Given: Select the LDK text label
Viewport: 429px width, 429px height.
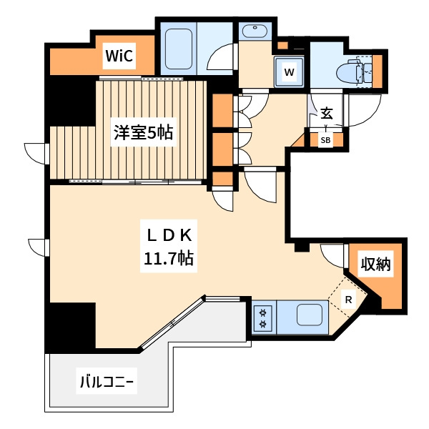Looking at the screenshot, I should [169, 236].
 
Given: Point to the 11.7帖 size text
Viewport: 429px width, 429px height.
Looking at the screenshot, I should [169, 258].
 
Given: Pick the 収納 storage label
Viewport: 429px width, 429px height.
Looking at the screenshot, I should [375, 265].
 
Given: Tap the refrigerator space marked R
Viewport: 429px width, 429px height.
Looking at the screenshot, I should [348, 300].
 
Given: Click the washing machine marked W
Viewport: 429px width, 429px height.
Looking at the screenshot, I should [290, 71].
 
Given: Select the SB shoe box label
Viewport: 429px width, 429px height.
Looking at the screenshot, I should [325, 140].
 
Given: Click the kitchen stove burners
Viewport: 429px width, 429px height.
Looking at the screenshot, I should [262, 317].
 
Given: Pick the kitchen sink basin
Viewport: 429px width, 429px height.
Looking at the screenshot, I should [310, 315].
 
